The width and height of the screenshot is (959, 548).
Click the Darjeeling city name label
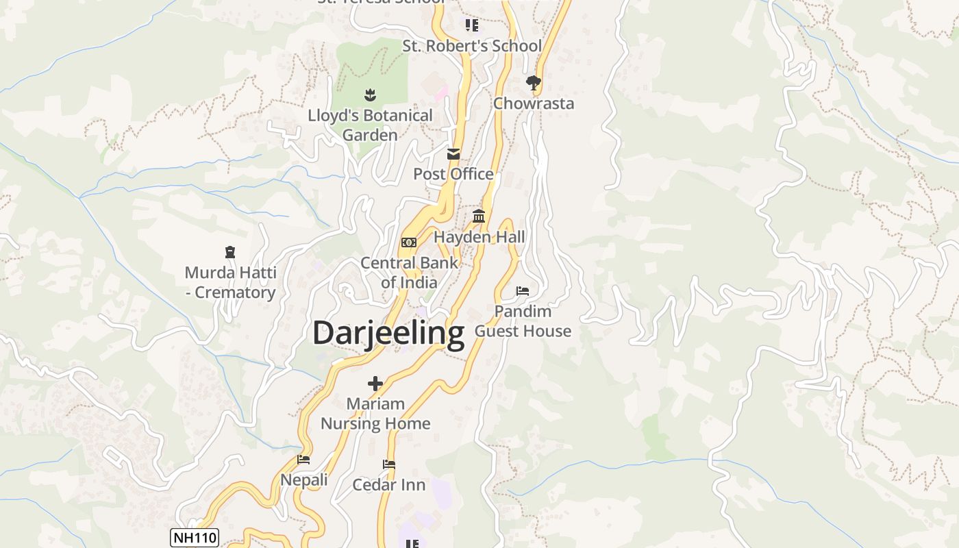pyautogui.click(x=388, y=334)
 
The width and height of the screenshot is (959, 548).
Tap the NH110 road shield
pyautogui.click(x=194, y=538)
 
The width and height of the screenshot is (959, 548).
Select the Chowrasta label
pyautogui.click(x=534, y=103)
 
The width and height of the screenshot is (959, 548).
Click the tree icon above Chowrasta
pyautogui.click(x=533, y=84)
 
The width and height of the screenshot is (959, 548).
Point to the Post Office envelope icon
pyautogui.click(x=453, y=154)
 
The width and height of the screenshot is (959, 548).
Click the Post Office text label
pyautogui.click(x=453, y=174)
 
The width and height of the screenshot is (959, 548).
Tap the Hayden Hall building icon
pyautogui.click(x=479, y=217)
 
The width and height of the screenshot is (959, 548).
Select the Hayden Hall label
pyautogui.click(x=480, y=237)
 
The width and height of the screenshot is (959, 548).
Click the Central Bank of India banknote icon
pyautogui.click(x=409, y=242)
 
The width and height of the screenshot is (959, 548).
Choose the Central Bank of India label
pyautogui.click(x=409, y=273)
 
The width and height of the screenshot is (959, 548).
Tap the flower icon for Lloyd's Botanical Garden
pyautogui.click(x=370, y=95)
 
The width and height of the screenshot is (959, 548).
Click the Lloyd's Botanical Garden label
pyautogui.click(x=370, y=125)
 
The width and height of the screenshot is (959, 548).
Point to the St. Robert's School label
pyautogui.click(x=472, y=46)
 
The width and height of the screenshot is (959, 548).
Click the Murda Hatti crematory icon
pyautogui.click(x=230, y=253)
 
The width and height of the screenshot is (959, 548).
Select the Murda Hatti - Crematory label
pyautogui.click(x=230, y=282)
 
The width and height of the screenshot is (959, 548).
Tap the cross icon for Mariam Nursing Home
pyautogui.click(x=375, y=384)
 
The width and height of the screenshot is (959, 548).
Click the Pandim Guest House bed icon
pyautogui.click(x=523, y=291)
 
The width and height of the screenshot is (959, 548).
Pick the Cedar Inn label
pyautogui.click(x=388, y=485)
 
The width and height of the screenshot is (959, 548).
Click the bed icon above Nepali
pyautogui.click(x=303, y=460)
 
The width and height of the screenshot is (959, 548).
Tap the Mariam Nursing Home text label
pyautogui.click(x=375, y=414)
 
